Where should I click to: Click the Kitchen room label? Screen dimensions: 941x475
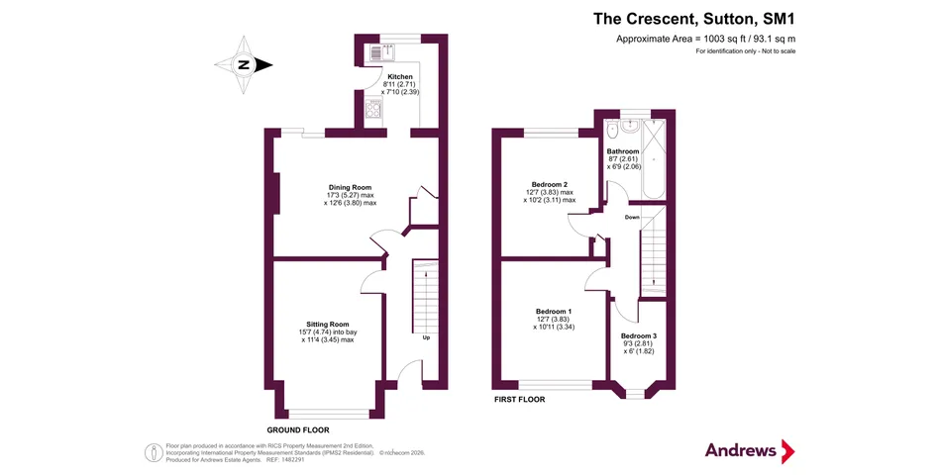click(400, 77)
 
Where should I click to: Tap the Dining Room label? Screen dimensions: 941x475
click(350, 187)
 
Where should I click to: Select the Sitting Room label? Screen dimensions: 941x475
click(328, 325)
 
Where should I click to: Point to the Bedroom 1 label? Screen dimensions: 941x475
click(554, 312)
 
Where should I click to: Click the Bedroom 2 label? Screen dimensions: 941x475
click(550, 185)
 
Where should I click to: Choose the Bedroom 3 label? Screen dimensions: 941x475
click(639, 335)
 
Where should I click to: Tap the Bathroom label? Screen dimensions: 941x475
click(623, 151)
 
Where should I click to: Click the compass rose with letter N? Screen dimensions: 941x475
click(245, 64)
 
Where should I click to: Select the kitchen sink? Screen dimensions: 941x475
click(381, 52)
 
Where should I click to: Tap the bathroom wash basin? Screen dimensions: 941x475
click(631, 127)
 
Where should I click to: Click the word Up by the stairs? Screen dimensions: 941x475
click(426, 337)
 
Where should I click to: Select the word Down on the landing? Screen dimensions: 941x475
click(632, 217)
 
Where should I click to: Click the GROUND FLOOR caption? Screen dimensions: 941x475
click(298, 430)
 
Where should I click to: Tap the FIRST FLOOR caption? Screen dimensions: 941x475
click(520, 399)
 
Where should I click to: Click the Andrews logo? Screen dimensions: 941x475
click(750, 450)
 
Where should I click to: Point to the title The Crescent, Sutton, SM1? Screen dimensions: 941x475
click(694, 19)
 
